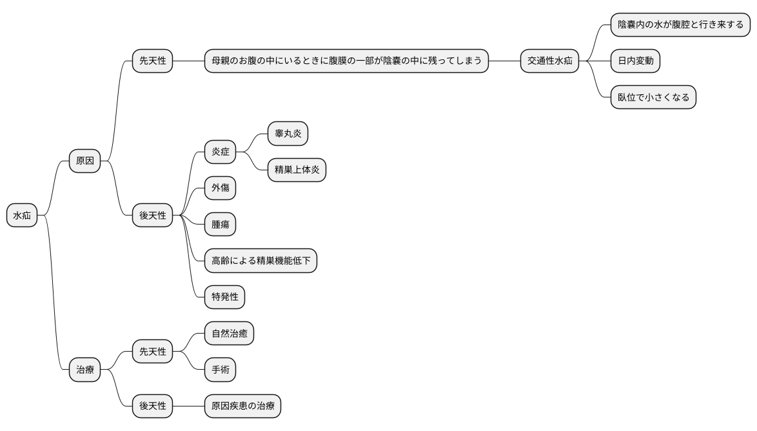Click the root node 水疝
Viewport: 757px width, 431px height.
(22, 216)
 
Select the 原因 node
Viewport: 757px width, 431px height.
(85, 161)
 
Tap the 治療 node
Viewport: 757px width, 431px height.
(85, 370)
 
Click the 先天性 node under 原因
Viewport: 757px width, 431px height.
(153, 61)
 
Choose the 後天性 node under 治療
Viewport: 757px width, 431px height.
(153, 406)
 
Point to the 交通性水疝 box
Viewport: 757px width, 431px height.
(549, 61)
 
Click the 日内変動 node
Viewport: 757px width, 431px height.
(635, 61)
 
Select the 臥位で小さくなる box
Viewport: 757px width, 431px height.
(653, 98)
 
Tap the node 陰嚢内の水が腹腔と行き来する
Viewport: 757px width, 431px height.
(680, 25)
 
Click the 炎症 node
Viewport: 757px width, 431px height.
(220, 153)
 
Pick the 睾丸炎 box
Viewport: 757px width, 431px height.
(288, 134)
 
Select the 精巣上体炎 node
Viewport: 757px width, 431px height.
(297, 170)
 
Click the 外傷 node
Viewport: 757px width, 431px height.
(220, 188)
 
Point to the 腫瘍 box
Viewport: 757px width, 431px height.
(220, 225)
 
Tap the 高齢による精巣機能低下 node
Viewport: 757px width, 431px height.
(261, 261)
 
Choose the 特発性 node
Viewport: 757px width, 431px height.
(224, 297)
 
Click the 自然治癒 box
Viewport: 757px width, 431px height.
(229, 334)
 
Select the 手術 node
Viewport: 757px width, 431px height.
(220, 370)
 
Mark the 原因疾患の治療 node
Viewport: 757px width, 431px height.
(242, 406)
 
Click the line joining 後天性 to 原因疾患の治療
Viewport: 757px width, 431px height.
(188, 406)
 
